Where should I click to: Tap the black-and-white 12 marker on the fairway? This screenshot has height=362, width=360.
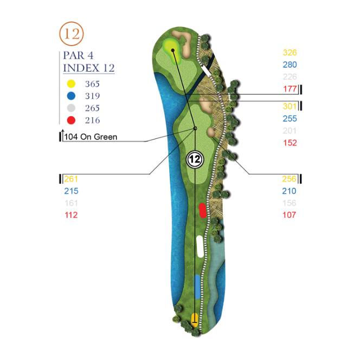195,158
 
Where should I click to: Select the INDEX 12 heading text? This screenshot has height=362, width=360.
89,68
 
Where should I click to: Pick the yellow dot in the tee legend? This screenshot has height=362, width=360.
70,84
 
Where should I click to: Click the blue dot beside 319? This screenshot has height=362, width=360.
70,96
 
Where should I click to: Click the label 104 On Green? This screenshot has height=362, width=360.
90,137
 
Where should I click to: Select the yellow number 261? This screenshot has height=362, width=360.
71,179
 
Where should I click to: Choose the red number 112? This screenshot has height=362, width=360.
71,215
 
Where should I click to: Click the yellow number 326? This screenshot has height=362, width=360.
290,53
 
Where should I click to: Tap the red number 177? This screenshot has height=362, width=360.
290,89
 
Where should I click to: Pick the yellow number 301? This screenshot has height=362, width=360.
290,106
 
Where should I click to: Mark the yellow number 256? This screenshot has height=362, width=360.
289,179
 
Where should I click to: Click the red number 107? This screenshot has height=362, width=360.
289,215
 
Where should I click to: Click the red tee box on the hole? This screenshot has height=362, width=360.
202,210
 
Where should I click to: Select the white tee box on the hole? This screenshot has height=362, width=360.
200,246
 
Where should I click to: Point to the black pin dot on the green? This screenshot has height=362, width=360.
173,50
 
